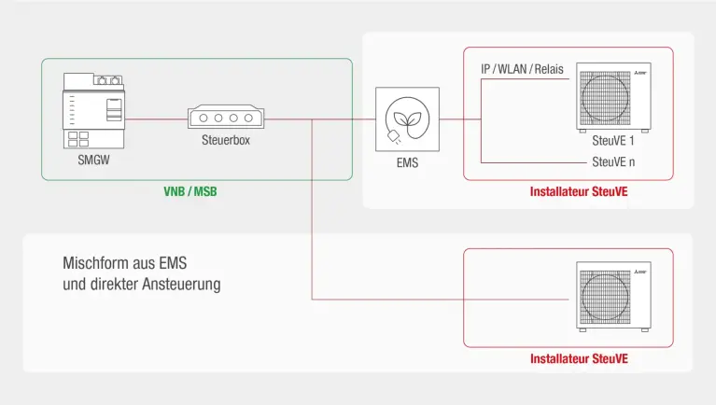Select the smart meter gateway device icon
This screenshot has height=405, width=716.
92,111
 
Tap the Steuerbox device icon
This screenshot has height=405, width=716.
226,119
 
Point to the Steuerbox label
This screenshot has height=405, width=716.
226,141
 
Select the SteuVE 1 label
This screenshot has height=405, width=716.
613,141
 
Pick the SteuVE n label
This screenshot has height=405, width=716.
613,161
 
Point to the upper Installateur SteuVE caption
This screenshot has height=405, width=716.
579,192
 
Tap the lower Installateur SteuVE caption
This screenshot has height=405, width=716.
579,358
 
